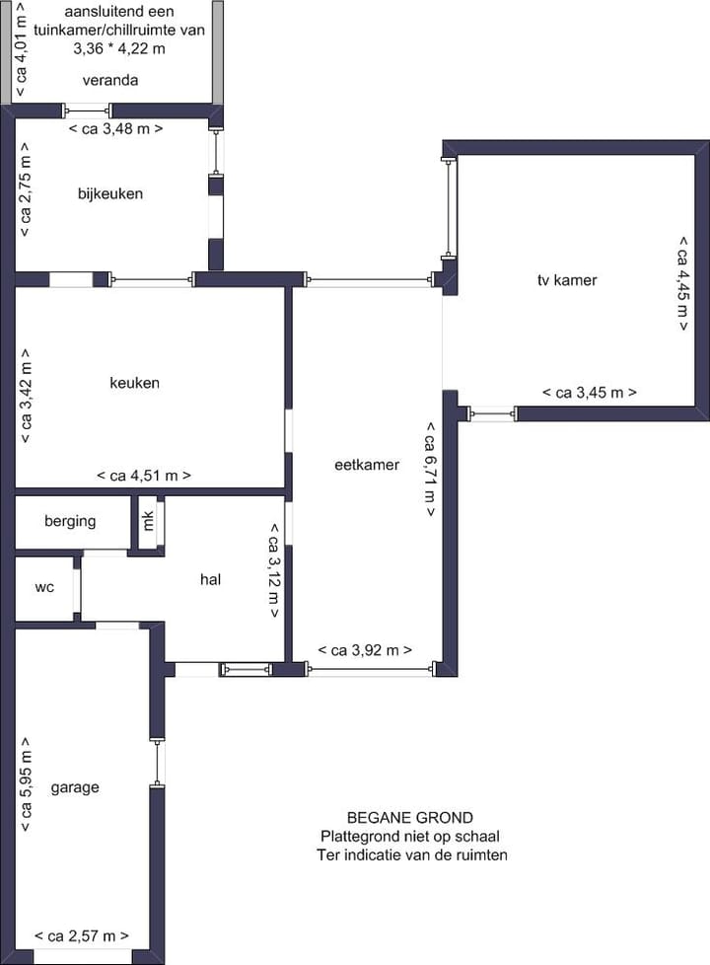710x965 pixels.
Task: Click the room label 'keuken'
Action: point(134,383)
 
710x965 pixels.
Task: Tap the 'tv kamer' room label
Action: point(567,280)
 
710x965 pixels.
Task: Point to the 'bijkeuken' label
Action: point(110,193)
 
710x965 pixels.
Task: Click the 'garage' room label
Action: point(75,787)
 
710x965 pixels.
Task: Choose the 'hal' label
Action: point(210,579)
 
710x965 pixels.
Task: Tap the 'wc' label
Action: point(44,587)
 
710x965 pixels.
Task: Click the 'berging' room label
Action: point(70,521)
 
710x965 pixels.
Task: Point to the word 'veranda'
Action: point(110,80)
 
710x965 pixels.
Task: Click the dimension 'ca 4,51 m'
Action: point(144,476)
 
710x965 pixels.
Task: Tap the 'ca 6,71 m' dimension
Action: point(431,470)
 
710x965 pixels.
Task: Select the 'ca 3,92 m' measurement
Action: point(365,650)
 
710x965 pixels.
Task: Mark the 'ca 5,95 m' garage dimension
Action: point(27,785)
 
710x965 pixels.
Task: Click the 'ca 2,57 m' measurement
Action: point(81,935)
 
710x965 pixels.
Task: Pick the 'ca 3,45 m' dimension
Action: point(590,393)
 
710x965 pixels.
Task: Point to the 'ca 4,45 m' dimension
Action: point(681,284)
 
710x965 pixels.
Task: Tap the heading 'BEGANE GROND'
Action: point(410,817)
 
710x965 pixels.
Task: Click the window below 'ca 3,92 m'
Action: point(371,670)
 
